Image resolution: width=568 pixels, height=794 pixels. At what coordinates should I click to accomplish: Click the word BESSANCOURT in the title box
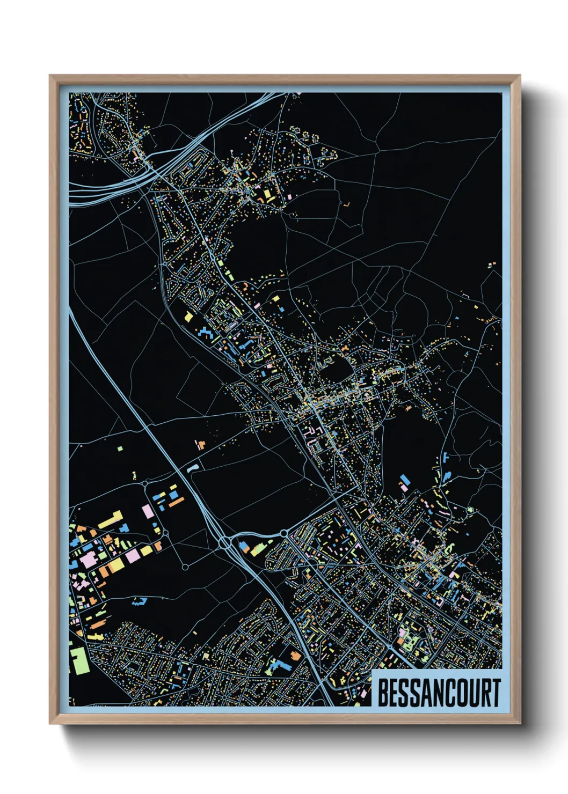439,693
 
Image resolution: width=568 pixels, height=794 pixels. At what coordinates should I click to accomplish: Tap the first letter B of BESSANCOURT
383,693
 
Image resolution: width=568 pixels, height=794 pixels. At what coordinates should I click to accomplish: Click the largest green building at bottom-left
79,660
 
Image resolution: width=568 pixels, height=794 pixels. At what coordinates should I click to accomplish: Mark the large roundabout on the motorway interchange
224,543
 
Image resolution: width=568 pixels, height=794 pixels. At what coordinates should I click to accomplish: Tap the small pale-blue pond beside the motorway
193,468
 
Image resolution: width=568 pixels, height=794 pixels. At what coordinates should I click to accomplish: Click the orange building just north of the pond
201,444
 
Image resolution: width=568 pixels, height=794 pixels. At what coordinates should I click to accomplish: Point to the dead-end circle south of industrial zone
185,567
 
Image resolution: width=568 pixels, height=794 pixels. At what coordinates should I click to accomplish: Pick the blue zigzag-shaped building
205,333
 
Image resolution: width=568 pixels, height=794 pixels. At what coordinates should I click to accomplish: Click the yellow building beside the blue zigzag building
188,317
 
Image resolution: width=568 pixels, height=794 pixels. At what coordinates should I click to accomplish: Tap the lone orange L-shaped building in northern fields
347,204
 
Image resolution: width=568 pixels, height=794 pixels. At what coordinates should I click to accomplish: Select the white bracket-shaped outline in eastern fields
465,295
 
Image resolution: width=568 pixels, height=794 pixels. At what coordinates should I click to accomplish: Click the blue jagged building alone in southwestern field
139,601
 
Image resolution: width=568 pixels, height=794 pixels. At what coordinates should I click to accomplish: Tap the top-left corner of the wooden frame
50,76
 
